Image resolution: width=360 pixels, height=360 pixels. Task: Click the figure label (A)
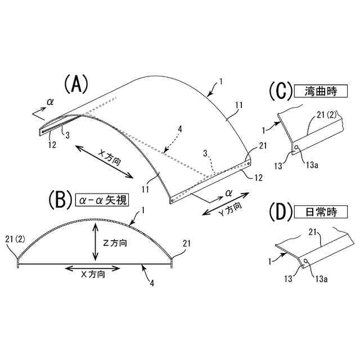click(76, 85)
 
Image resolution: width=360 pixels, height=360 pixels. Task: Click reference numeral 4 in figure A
click(179, 129)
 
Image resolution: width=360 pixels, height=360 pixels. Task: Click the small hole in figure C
click(296, 148)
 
